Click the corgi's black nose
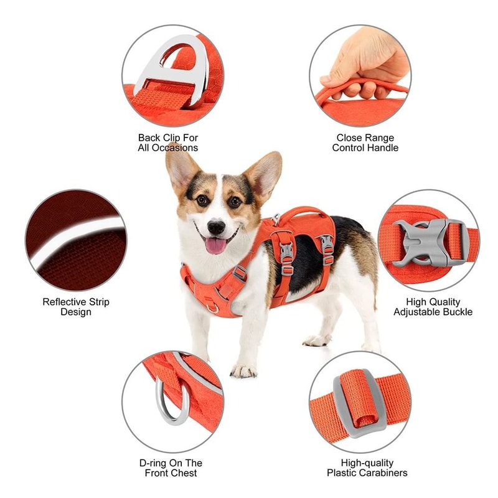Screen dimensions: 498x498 click(216, 227)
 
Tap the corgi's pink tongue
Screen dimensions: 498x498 click(216, 245)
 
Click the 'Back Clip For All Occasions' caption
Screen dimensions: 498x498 click(168, 143)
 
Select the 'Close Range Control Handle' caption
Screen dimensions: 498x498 click(365, 143)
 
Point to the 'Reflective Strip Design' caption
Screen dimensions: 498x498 click(76, 306)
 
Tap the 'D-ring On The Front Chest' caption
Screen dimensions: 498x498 click(171, 468)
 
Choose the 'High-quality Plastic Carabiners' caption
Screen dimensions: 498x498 click(367, 468)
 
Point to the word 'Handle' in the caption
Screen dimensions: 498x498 click(383, 148)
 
